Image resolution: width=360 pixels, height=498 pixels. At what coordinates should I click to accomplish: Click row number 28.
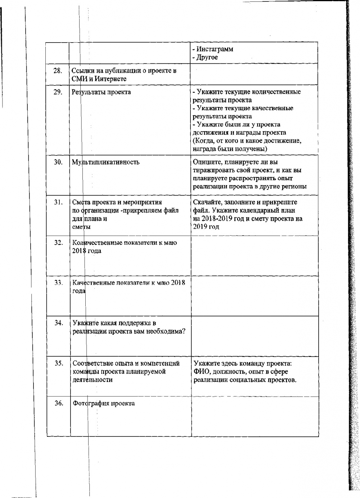point(58,70)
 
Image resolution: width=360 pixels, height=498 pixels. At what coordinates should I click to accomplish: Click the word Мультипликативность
point(106,162)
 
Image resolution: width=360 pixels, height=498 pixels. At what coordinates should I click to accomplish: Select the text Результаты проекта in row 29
point(102,92)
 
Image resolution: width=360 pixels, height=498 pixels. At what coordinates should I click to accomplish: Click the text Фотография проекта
point(104,403)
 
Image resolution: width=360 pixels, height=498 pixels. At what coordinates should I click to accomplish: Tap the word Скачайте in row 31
point(207,202)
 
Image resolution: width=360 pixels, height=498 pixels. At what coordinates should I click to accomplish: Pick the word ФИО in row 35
point(199,372)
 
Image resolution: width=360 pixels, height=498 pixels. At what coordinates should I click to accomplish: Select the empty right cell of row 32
point(254,255)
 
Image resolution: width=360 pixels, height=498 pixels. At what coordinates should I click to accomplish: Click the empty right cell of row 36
point(254,416)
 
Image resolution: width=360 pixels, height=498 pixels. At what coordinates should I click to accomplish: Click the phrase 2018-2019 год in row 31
point(220,219)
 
